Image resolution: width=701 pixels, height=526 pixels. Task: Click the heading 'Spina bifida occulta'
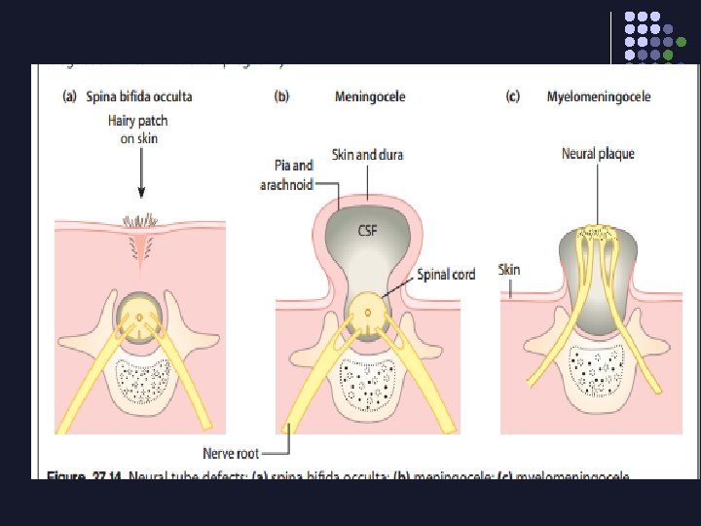click(138, 96)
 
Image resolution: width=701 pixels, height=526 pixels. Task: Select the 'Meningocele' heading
click(370, 96)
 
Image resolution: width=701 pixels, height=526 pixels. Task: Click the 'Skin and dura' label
click(367, 154)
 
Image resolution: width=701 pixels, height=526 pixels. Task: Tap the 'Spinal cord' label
click(446, 275)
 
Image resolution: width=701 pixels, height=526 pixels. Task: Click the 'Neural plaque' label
click(598, 154)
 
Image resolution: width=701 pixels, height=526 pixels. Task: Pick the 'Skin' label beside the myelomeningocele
click(510, 269)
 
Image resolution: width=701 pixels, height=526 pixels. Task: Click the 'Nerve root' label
click(231, 452)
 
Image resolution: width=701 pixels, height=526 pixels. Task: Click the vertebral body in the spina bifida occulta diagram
click(143, 383)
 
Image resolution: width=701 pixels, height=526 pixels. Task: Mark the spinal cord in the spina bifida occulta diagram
click(141, 319)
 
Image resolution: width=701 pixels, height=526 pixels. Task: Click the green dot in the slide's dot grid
click(669, 56)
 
